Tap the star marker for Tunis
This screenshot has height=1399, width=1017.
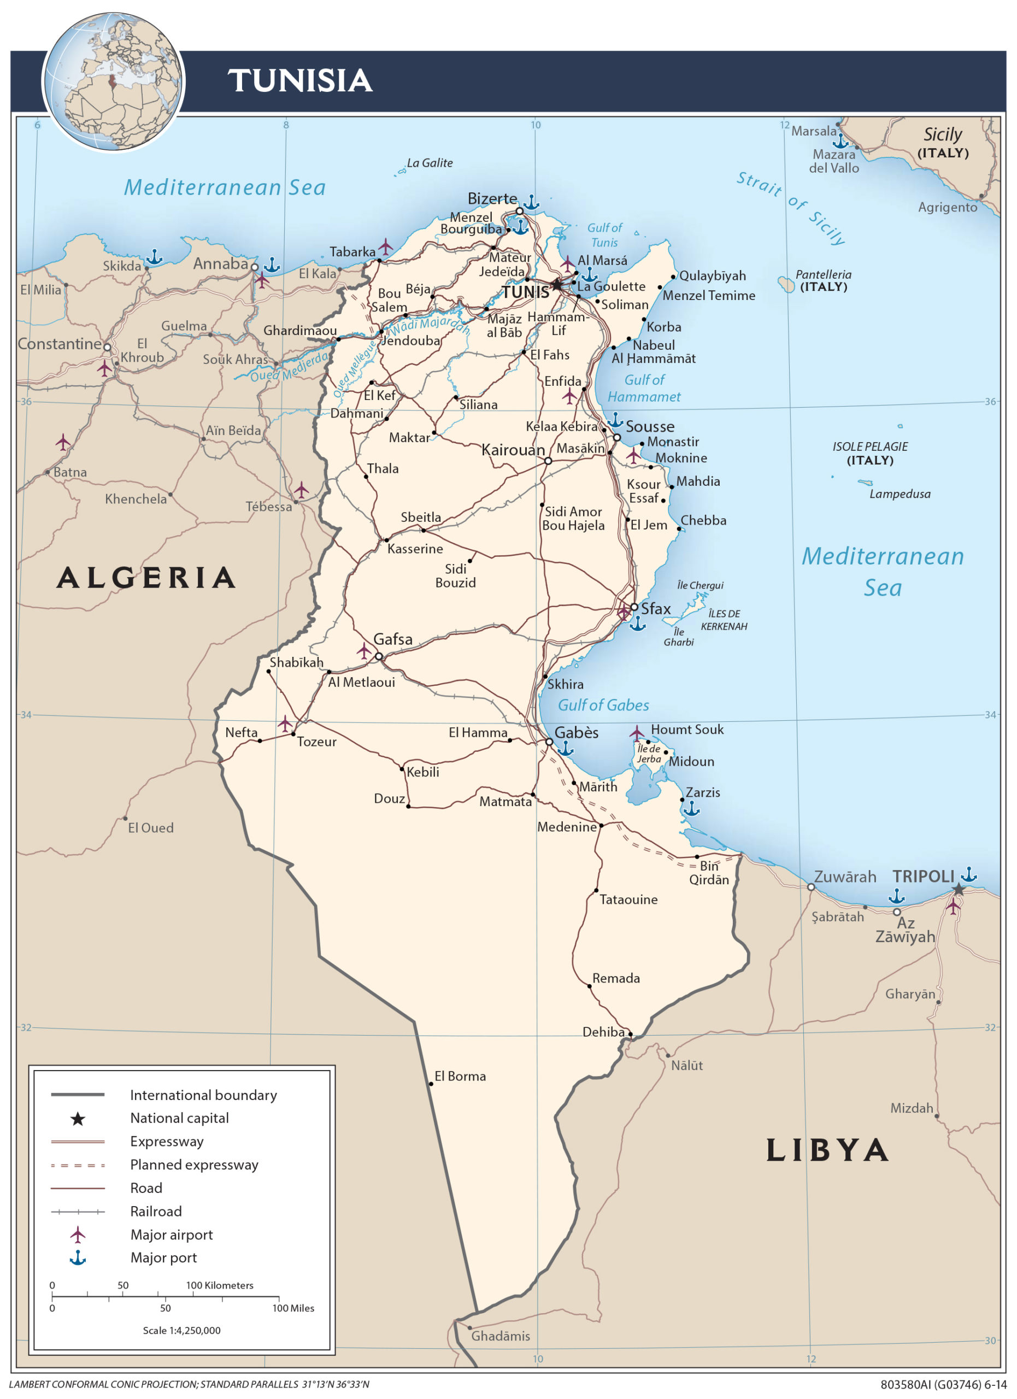point(557,285)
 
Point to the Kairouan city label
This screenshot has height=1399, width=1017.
point(513,450)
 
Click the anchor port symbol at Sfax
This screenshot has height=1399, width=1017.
point(637,624)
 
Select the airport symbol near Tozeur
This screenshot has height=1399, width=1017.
point(284,724)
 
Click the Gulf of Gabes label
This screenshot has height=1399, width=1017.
point(603,705)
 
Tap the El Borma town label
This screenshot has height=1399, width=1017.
point(460,1077)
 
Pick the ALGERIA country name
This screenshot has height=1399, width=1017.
point(146,578)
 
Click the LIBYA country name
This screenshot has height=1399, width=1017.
point(826,1151)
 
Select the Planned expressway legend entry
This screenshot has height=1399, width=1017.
point(193,1165)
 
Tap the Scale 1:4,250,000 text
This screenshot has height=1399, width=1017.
point(181,1331)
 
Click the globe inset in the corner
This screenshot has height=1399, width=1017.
point(114,81)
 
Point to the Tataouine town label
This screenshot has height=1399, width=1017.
point(628,900)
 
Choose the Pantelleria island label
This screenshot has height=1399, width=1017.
point(823,274)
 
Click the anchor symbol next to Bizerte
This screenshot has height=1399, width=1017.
point(531,202)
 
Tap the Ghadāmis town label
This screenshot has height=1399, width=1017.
point(500,1336)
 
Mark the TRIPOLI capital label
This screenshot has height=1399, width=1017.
point(922,877)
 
